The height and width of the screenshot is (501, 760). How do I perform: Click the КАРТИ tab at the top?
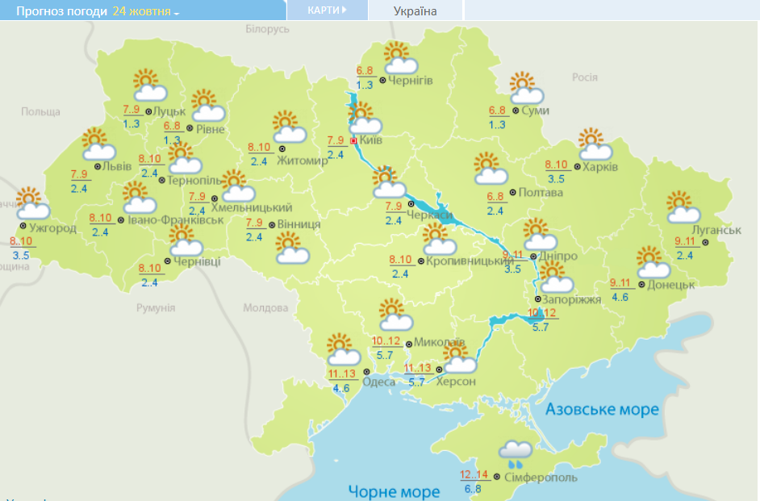pos(327,10)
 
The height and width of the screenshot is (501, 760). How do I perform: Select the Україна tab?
pos(415,11)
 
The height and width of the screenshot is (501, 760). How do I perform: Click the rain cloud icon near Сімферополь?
pos(515,454)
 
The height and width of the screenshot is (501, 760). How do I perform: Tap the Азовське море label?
pos(602,410)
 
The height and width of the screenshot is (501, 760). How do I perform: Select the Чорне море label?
pos(394,491)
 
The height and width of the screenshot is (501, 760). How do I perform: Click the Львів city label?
pos(113,166)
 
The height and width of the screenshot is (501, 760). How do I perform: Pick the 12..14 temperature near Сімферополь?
pos(474,474)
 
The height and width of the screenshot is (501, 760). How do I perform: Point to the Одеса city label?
pos(378,382)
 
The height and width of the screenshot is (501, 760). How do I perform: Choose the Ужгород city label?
pos(52,228)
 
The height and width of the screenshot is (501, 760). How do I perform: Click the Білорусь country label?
pos(266,29)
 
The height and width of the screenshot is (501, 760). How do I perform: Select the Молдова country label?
pos(265,308)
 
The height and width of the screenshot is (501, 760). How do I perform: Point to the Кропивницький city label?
pos(470,261)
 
